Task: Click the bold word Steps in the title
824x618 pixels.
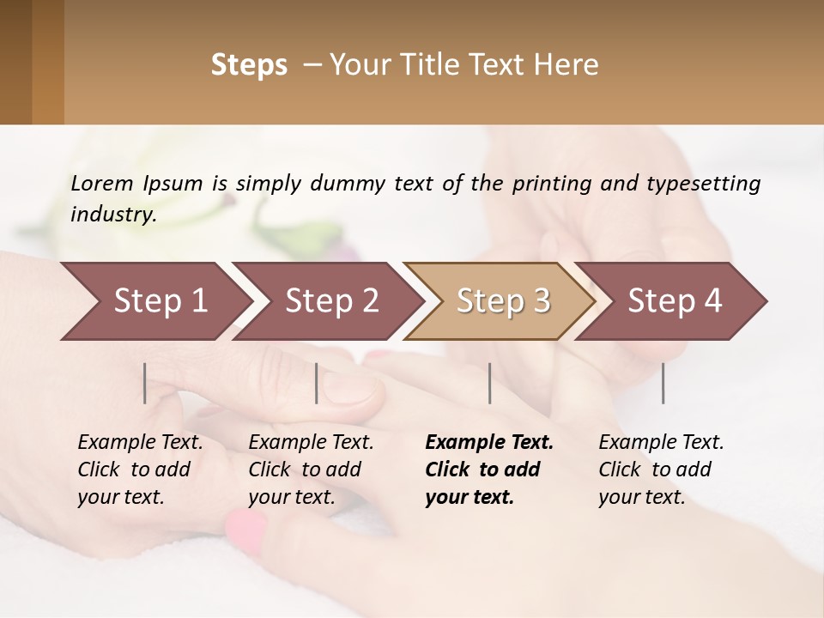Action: [249, 65]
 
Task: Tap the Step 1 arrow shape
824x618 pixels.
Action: [150, 301]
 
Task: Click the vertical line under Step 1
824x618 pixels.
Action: [145, 383]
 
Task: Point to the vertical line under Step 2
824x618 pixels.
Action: [317, 383]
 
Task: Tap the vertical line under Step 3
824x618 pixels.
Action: [490, 383]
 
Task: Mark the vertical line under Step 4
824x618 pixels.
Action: [663, 383]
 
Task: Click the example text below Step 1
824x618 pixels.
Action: [140, 470]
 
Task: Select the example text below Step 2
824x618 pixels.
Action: [311, 470]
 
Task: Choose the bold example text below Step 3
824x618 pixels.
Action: [488, 470]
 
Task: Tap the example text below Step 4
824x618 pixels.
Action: [661, 470]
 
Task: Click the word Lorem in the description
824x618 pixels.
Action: [101, 184]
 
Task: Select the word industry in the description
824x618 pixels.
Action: [113, 215]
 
